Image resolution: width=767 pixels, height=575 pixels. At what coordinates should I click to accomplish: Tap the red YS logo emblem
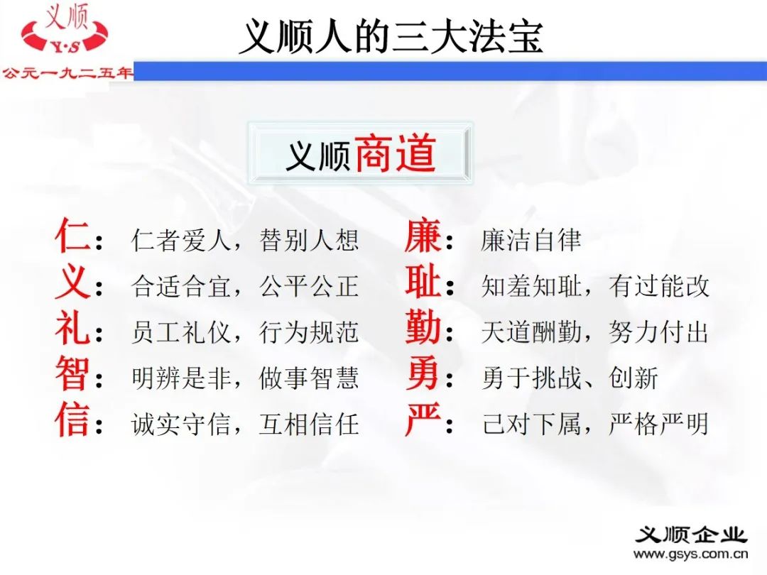(65, 35)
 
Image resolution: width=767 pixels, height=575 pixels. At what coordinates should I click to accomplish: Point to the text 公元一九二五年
(67, 72)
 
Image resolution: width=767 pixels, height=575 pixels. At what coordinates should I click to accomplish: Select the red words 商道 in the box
(395, 154)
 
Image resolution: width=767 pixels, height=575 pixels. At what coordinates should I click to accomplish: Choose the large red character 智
(72, 376)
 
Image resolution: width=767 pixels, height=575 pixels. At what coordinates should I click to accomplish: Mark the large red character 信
(72, 422)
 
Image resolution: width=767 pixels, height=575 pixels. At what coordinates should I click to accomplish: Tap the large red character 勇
(423, 376)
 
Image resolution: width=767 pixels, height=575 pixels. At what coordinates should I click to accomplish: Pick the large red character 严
(423, 422)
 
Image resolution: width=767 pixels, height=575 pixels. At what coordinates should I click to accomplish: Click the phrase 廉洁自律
(531, 240)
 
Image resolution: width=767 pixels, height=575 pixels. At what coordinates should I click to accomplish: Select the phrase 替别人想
(310, 240)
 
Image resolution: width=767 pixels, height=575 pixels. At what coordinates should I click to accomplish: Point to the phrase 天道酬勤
(531, 332)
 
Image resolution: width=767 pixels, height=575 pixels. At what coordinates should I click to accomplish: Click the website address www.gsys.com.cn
(691, 554)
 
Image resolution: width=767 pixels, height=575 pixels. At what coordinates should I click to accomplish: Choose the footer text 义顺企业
(691, 534)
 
